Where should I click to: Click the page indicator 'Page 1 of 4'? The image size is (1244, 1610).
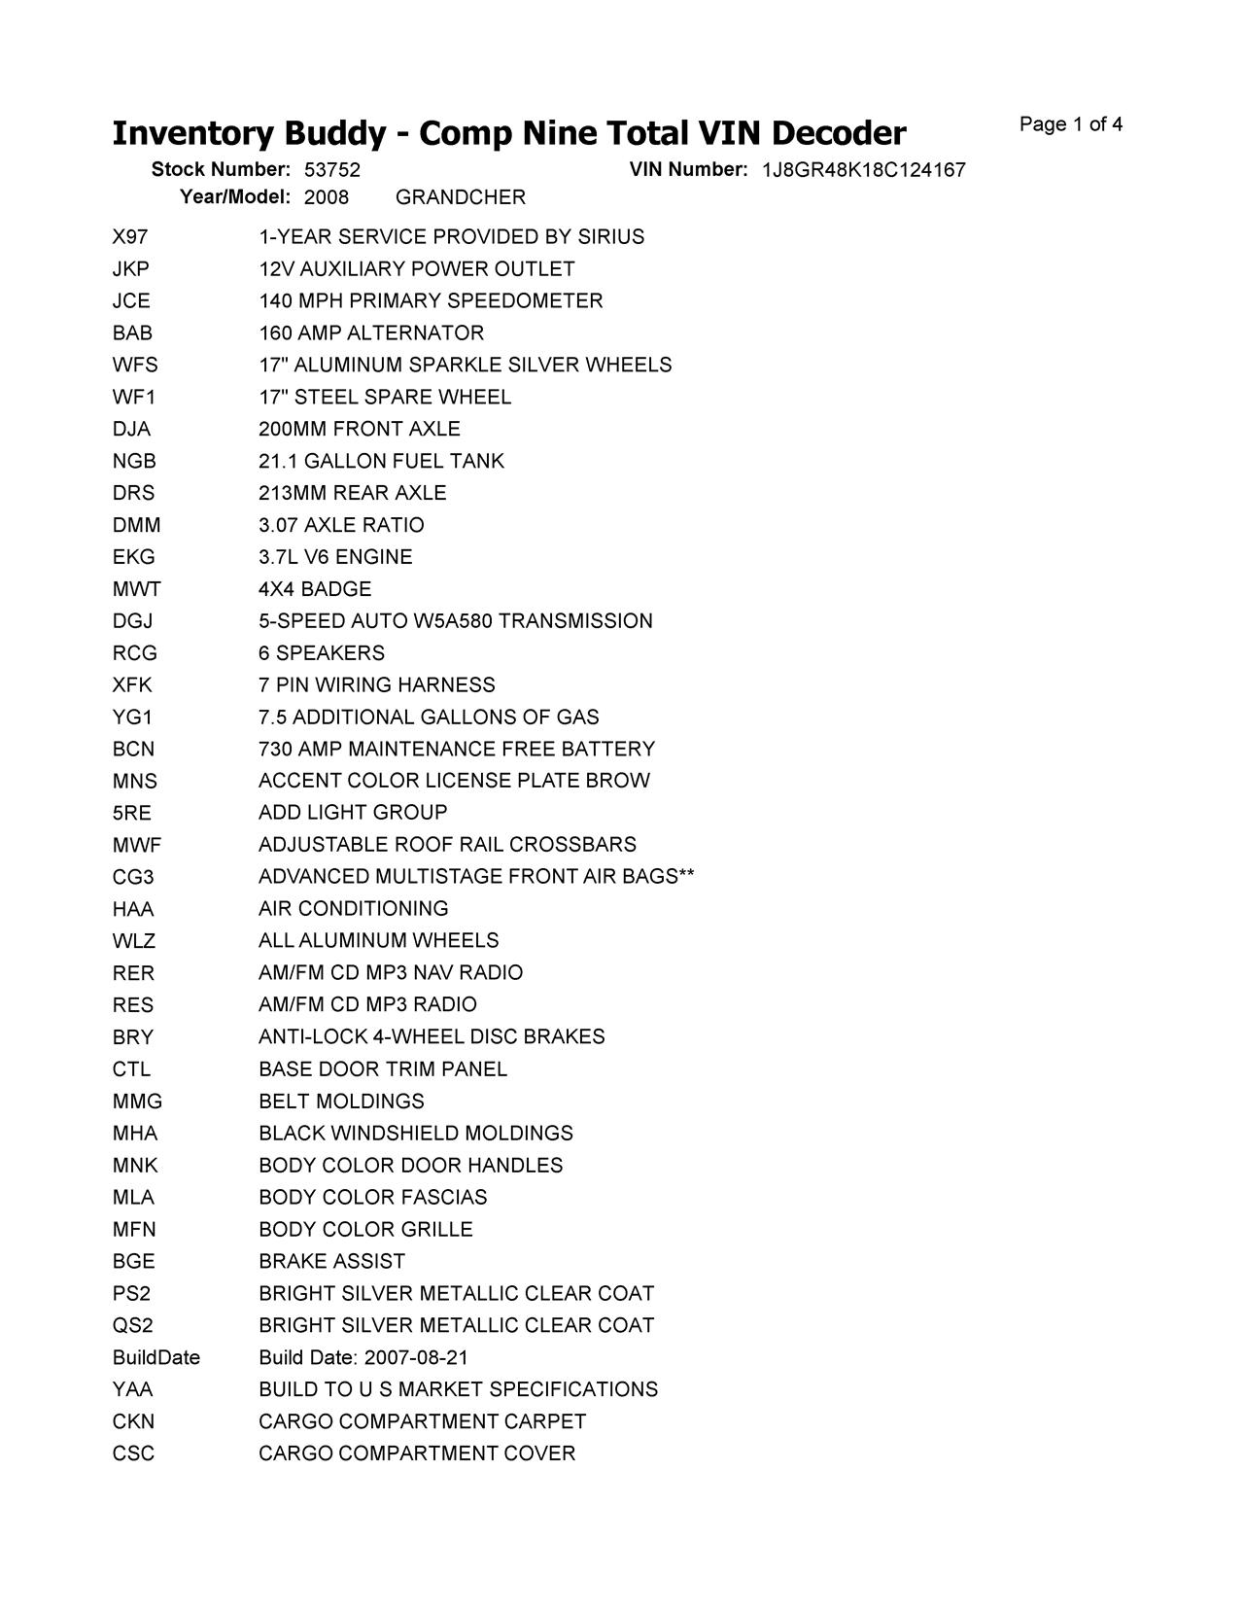(x=1071, y=124)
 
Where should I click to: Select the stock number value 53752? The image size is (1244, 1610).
(x=332, y=170)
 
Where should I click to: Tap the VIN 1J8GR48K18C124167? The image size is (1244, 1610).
(x=863, y=170)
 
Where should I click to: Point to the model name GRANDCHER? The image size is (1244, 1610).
(x=461, y=197)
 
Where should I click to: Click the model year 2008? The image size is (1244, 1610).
(x=327, y=197)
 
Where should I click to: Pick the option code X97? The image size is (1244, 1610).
(x=130, y=237)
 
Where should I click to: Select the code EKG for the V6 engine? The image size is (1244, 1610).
(x=133, y=557)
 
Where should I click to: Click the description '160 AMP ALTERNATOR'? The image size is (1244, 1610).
(x=370, y=333)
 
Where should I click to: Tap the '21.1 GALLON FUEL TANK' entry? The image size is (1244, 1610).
(x=381, y=461)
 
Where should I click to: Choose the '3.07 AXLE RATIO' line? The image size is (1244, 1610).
(x=341, y=525)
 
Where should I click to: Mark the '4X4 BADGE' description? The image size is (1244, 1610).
(x=315, y=589)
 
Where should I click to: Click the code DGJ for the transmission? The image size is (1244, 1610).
(x=132, y=621)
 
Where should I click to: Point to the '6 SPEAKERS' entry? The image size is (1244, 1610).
(x=322, y=653)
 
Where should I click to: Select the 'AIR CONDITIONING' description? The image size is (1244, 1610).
(x=354, y=909)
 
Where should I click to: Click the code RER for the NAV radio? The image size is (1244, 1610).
(x=133, y=973)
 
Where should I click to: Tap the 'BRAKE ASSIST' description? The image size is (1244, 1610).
(x=331, y=1262)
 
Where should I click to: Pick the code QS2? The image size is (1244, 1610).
(x=132, y=1326)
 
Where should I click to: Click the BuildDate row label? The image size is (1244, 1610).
(x=155, y=1358)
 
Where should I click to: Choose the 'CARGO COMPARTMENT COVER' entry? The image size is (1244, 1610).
(x=417, y=1453)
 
